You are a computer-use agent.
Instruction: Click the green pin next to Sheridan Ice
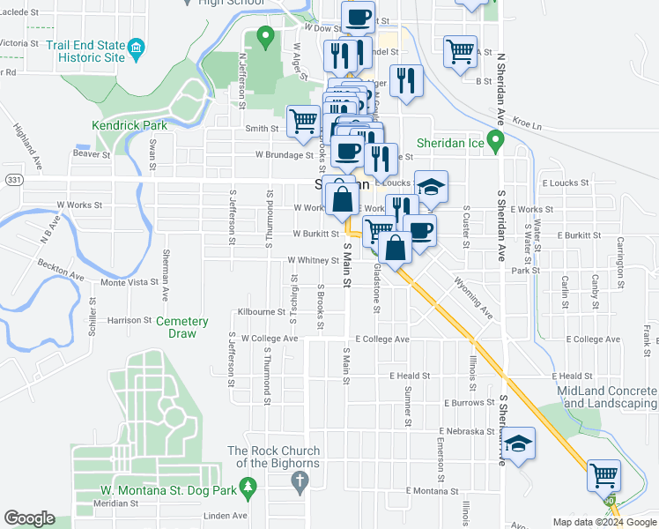point(495,139)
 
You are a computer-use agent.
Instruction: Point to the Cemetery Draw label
point(181,328)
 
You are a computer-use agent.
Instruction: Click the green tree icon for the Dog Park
point(249,486)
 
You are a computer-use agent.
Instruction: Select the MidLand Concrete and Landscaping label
point(607,397)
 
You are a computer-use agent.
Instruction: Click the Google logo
point(29,518)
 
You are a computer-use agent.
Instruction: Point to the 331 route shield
point(12,180)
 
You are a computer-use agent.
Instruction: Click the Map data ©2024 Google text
point(603,522)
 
